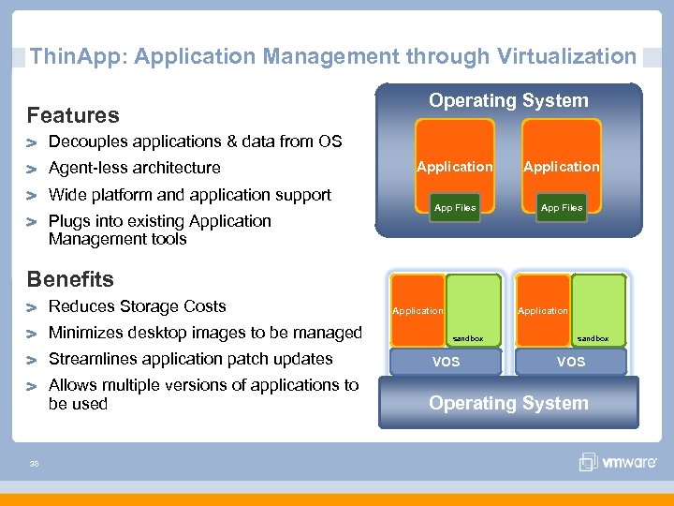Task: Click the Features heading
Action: pos(73,115)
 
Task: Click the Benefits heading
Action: pos(70,279)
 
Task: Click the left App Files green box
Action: pos(455,207)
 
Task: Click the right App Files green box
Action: pos(562,207)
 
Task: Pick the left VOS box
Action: pos(446,361)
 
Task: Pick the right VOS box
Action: pos(570,361)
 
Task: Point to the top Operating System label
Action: pos(508,100)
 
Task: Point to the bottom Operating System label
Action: pos(508,403)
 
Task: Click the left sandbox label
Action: pos(468,338)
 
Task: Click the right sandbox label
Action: pos(593,338)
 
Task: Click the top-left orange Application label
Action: pos(454,167)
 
